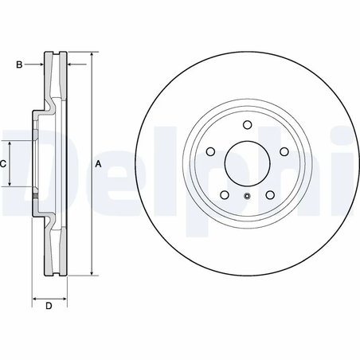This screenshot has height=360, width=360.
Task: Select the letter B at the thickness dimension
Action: point(19,64)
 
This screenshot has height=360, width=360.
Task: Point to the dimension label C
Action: point(3,163)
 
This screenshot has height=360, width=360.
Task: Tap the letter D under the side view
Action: point(49,307)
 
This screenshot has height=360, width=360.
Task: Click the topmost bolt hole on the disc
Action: point(247,124)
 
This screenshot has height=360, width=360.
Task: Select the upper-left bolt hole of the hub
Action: point(209,151)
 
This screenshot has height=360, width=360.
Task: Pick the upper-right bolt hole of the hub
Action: point(284,151)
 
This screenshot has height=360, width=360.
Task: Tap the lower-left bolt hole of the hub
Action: point(224,195)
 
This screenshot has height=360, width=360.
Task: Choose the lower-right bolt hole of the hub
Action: point(270,195)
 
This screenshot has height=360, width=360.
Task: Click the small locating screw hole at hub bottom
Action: point(247,198)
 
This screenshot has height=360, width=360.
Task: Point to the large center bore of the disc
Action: point(247,163)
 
